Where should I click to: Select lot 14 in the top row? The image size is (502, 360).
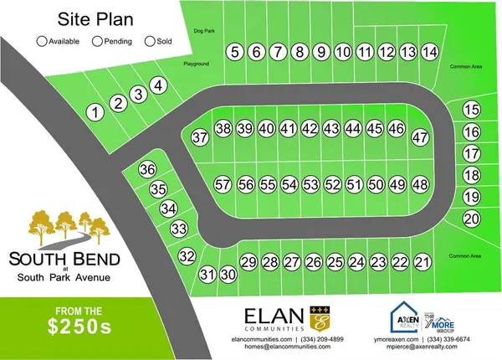tap(429, 53)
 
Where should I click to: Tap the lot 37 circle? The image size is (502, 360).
tap(199, 137)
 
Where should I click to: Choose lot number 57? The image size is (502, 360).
tap(222, 184)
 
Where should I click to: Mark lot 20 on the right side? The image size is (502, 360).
tap(472, 219)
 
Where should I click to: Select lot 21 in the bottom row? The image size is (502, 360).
tap(423, 263)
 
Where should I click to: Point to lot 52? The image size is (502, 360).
tap(332, 184)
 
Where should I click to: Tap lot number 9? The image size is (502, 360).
tap(320, 53)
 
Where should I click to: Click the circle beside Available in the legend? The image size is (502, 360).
tap(42, 40)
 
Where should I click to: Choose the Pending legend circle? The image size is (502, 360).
tap(97, 40)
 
